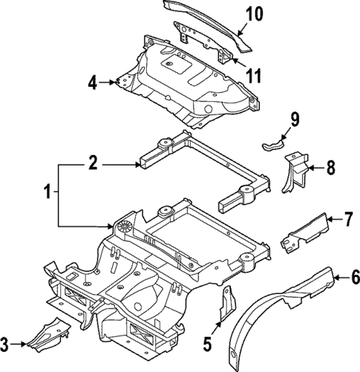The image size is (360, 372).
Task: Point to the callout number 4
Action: point(93,82)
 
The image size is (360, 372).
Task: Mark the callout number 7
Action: point(348,219)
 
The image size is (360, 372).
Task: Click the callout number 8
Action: point(330,169)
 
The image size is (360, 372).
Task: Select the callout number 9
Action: point(294,118)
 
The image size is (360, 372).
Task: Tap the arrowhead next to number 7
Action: point(330,219)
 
